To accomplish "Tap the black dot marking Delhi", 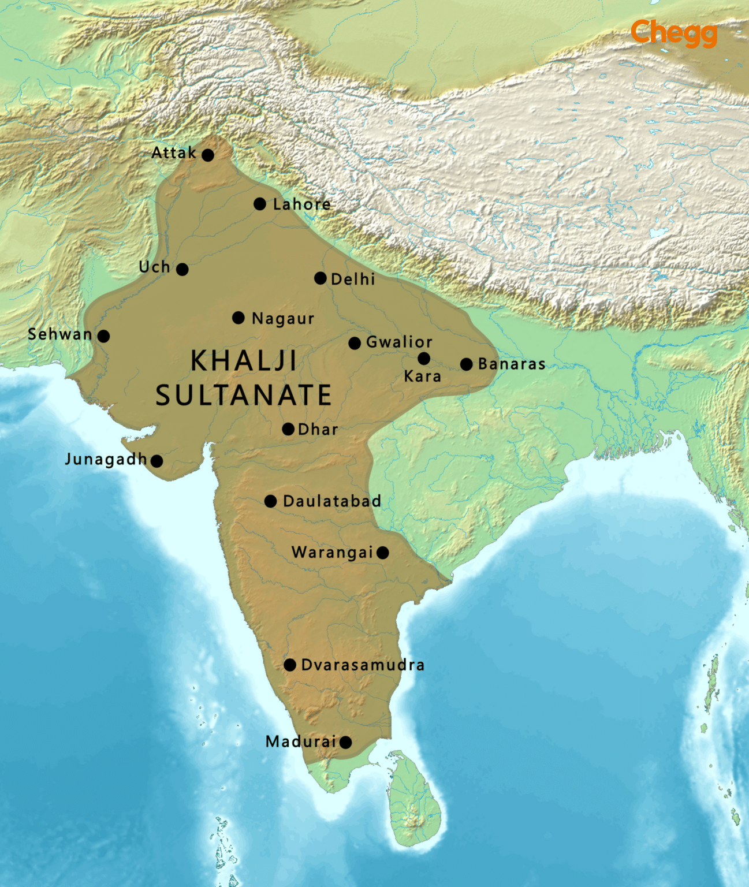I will pos(321,278).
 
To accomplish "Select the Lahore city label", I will pos(301,204).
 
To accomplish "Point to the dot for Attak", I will pos(208,155).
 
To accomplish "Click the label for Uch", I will pos(154,267).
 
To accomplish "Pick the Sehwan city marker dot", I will pos(103,336).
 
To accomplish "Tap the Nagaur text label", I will pos(283,319).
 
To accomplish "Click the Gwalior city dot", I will pos(355,343).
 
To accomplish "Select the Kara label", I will pos(422,377).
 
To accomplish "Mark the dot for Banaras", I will pos(467,364).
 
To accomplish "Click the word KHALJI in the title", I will pos(243,361).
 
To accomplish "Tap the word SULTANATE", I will pos(243,396).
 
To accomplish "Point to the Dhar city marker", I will pos(288,429).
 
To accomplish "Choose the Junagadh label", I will pos(106,459).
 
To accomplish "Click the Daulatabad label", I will pos(331,501).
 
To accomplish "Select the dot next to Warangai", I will pos(382,553).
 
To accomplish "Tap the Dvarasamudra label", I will pos(363,665).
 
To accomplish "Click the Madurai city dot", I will pos(345,742).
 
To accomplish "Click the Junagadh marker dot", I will pos(156,461).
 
